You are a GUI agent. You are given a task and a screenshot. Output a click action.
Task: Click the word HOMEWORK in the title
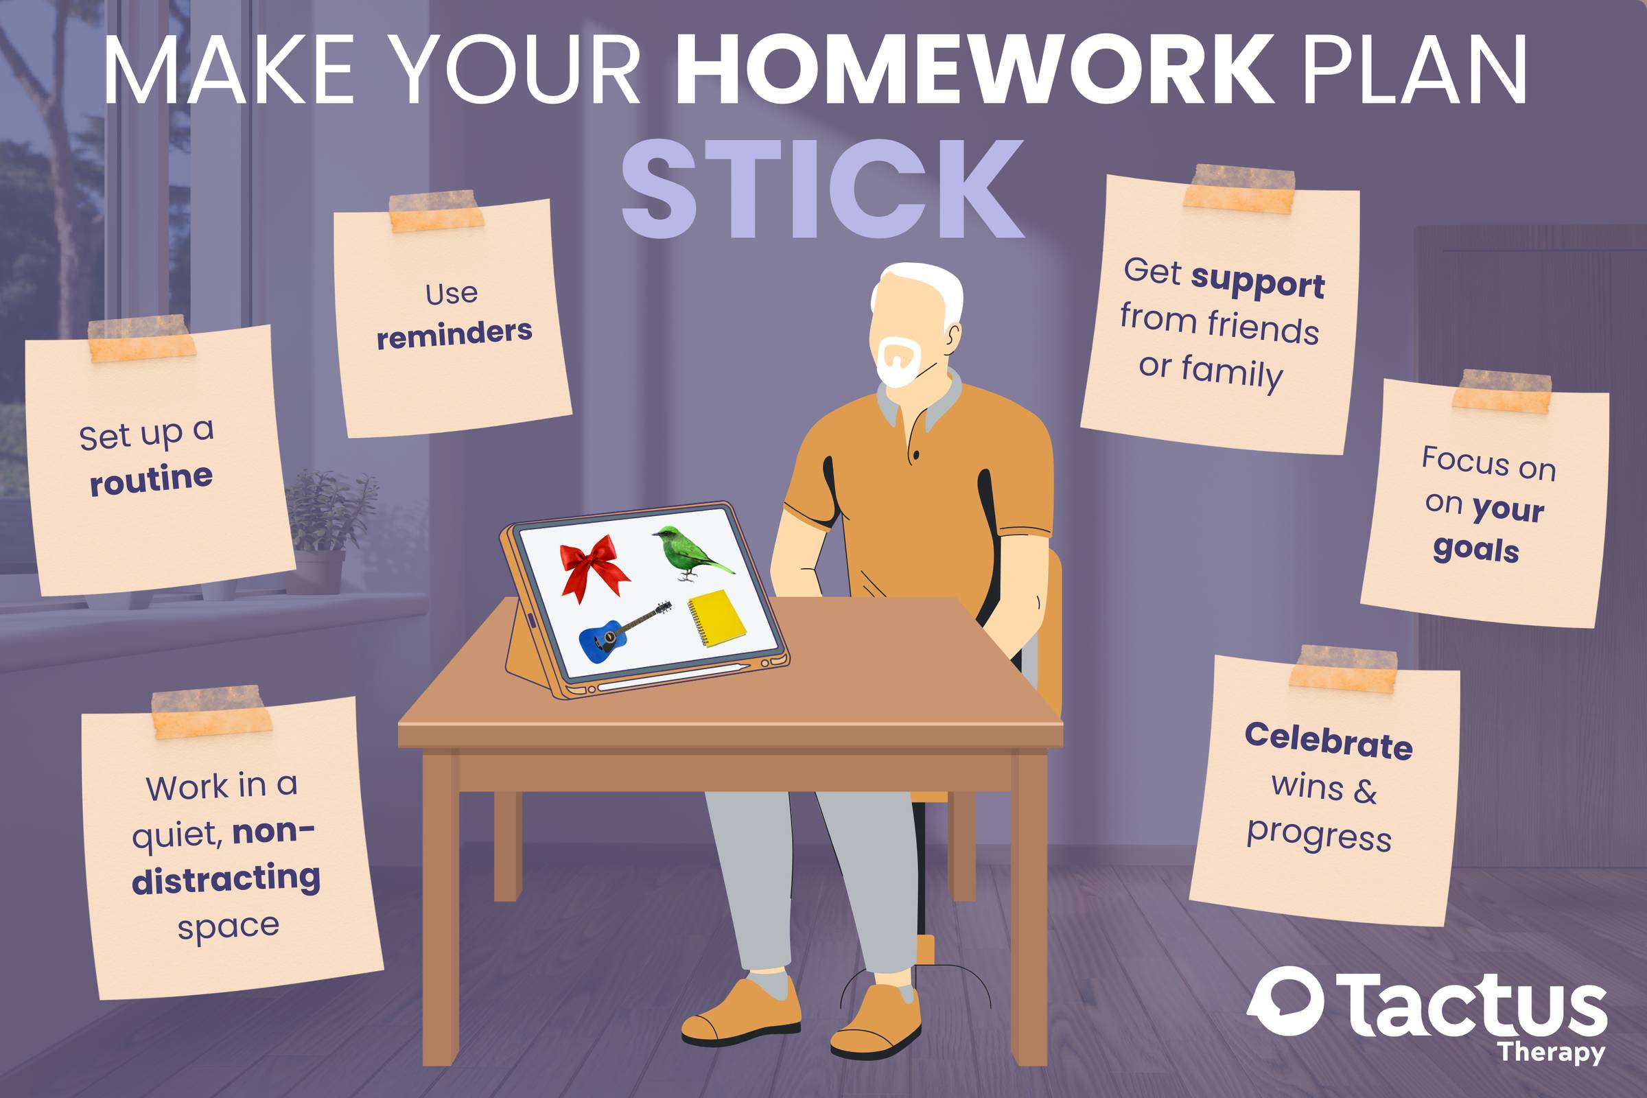coord(974,70)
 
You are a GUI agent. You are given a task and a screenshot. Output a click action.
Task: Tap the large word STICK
coord(823,189)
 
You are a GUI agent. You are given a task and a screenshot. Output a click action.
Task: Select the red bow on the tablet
coord(594,568)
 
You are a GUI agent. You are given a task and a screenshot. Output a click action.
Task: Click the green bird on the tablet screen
coord(693,553)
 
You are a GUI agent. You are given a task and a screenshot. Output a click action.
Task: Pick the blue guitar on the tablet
coord(623,631)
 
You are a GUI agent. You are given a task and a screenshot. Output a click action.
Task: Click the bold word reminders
coord(454,334)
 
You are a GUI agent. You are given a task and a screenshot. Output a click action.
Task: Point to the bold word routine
coord(151,479)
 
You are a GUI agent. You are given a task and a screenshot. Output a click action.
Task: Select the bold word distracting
coord(226,880)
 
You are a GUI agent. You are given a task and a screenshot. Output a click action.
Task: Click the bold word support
coord(1258,283)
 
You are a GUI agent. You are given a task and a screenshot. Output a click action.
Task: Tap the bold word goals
coord(1476,549)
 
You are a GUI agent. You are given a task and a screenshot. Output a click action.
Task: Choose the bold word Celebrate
coord(1329,741)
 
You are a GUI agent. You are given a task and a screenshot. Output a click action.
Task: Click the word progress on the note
coord(1319,836)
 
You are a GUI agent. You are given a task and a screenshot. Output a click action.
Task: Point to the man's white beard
coord(900,363)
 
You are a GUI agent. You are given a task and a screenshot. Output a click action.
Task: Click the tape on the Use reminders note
coord(436,210)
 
